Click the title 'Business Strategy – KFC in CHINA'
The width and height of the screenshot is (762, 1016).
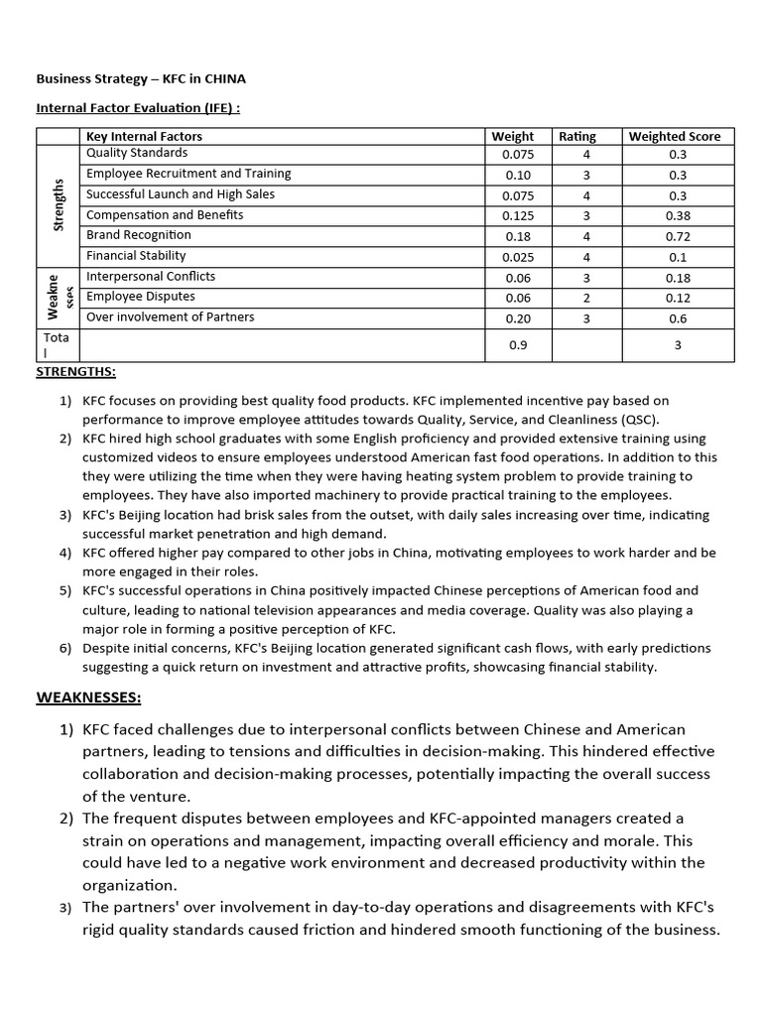coord(141,77)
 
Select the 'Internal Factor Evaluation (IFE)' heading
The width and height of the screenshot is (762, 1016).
coord(138,108)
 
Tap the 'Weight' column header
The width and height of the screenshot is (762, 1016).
coord(512,136)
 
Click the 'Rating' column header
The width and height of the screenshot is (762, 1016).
coord(577,136)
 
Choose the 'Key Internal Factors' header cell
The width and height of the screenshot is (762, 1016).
coord(144,136)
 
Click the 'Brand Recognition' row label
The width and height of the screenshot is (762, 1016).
coord(139,235)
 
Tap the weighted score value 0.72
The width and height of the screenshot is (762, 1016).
coord(678,237)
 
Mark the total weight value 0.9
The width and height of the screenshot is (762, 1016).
coord(518,345)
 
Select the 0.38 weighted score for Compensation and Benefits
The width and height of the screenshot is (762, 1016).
coord(678,216)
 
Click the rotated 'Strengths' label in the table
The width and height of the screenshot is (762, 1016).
coord(59,205)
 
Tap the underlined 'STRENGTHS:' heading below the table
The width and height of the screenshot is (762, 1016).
coord(75,372)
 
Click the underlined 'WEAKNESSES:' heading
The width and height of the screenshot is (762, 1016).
coord(88,698)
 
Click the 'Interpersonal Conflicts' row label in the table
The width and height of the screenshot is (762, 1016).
coord(151,277)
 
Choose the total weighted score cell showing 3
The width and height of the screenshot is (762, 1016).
coord(678,345)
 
